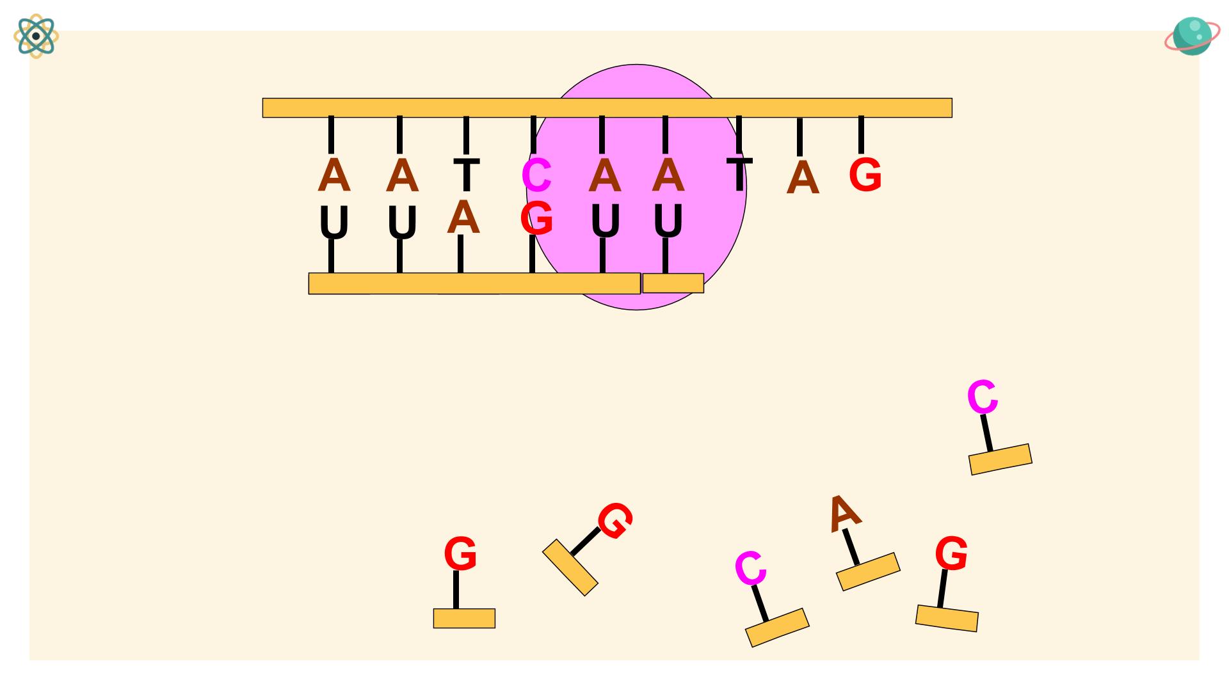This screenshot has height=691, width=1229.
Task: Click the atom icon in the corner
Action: pyautogui.click(x=36, y=36)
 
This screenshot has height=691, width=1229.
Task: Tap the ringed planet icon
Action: pyautogui.click(x=1191, y=36)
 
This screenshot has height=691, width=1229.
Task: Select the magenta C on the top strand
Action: pyautogui.click(x=536, y=175)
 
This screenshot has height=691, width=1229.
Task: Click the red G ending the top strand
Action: pyautogui.click(x=865, y=175)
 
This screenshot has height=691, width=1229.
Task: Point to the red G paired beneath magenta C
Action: pyautogui.click(x=536, y=218)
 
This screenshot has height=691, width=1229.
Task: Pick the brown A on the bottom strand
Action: pyautogui.click(x=463, y=218)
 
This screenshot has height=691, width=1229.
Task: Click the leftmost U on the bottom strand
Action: pyautogui.click(x=333, y=223)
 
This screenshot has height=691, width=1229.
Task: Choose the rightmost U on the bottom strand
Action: pyautogui.click(x=668, y=221)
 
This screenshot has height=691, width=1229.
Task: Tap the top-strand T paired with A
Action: pyautogui.click(x=467, y=175)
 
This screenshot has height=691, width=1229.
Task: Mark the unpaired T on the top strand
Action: pyautogui.click(x=739, y=174)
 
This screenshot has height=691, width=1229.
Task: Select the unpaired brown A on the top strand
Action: pyautogui.click(x=803, y=179)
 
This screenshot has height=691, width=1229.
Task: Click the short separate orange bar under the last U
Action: pyautogui.click(x=673, y=283)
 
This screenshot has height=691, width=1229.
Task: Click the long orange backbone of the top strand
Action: pyautogui.click(x=607, y=107)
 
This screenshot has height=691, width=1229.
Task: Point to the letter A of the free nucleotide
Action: pyautogui.click(x=844, y=513)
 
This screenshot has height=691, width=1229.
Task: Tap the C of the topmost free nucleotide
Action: pyautogui.click(x=983, y=397)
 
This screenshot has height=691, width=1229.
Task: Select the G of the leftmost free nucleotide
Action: pyautogui.click(x=460, y=554)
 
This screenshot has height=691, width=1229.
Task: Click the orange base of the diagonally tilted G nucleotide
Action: pyautogui.click(x=570, y=568)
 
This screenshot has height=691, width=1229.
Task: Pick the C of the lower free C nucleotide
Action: pyautogui.click(x=750, y=568)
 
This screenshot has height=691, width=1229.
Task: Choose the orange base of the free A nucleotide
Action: pyautogui.click(x=868, y=572)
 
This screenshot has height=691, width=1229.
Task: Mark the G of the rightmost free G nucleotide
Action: pyautogui.click(x=951, y=553)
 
